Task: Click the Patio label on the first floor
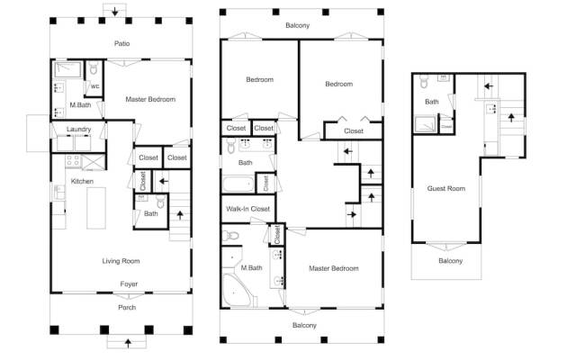click(122, 43)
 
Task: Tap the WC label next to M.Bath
click(94, 86)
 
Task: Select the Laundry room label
click(78, 130)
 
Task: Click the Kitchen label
click(82, 181)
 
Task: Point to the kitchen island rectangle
click(96, 208)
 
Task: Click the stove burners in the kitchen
click(73, 160)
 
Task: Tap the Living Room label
click(121, 261)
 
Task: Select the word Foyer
click(129, 284)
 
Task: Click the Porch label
click(127, 308)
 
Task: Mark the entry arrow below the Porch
click(128, 343)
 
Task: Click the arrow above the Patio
click(115, 12)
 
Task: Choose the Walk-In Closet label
click(248, 209)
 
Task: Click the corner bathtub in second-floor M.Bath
click(236, 290)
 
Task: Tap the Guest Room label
click(446, 188)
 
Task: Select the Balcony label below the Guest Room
click(450, 261)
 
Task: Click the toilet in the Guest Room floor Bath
click(424, 82)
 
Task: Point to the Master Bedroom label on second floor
click(334, 268)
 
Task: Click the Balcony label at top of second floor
click(298, 25)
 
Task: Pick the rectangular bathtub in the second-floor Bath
click(238, 184)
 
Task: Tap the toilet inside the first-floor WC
click(94, 68)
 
